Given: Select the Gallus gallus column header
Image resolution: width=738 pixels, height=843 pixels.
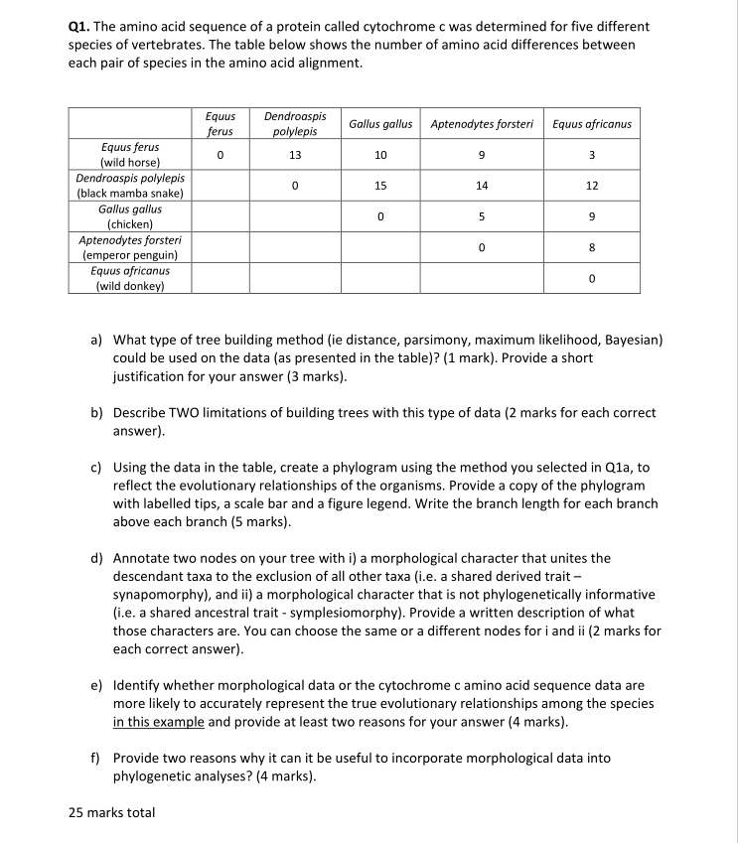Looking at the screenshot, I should (x=380, y=124).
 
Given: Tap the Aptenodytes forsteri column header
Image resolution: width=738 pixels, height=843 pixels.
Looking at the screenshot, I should (x=482, y=124).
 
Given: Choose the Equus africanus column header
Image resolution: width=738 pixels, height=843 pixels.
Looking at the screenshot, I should (x=591, y=124).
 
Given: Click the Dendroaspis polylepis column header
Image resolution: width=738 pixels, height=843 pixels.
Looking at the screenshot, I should (x=295, y=124).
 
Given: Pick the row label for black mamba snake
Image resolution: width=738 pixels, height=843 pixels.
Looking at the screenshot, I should (x=130, y=186).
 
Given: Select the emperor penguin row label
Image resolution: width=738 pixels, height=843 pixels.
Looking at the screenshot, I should (x=130, y=247).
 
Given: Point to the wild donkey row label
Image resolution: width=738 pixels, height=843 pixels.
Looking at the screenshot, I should (x=130, y=278).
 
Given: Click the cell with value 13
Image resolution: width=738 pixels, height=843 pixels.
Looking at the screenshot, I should (x=295, y=155).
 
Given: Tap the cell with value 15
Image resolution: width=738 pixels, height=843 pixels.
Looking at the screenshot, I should (x=380, y=186).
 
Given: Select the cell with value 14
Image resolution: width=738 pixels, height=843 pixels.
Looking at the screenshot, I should (x=482, y=186).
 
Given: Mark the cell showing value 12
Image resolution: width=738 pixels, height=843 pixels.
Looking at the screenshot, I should (x=591, y=186).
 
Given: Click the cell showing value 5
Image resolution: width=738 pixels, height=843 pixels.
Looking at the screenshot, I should (x=482, y=216).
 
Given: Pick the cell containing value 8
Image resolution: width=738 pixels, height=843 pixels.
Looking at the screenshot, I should (x=591, y=247).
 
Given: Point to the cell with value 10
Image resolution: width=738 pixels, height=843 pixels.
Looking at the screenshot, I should (x=380, y=155).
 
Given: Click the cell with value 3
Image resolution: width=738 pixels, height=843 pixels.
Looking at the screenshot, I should (x=591, y=155).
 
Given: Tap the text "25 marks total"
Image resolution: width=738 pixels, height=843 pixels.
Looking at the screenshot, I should (x=111, y=812).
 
